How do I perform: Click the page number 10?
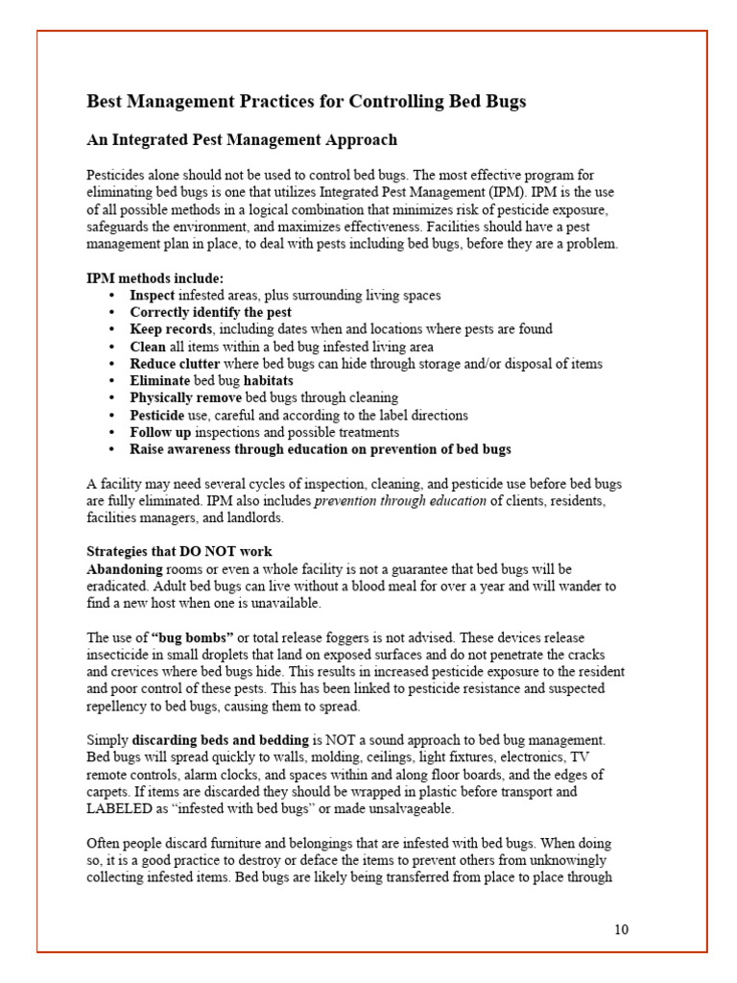pos(621,929)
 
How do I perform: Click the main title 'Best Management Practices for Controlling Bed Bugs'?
pos(306,101)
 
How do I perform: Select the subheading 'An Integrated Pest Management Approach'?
pos(242,140)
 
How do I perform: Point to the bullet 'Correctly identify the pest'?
pos(210,312)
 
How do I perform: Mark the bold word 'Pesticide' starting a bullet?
pos(157,415)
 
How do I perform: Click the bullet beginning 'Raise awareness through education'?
pos(320,449)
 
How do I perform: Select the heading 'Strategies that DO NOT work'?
pos(179,552)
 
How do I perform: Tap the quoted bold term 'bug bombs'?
pos(193,637)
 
